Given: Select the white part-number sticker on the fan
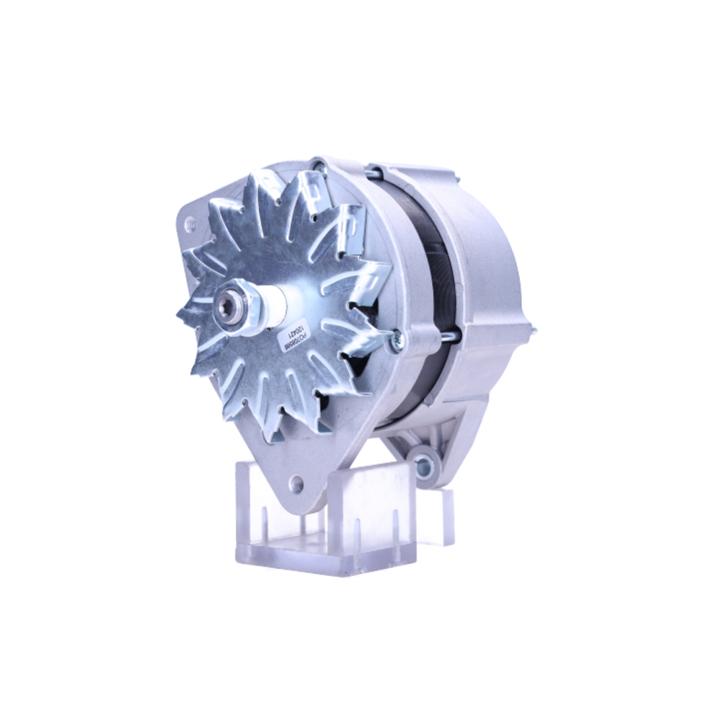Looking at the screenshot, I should coord(292,338).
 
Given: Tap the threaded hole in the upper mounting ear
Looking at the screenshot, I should coord(190,225).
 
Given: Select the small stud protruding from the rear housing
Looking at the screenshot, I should coord(533,331).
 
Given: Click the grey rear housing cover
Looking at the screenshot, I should coord(483,274).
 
